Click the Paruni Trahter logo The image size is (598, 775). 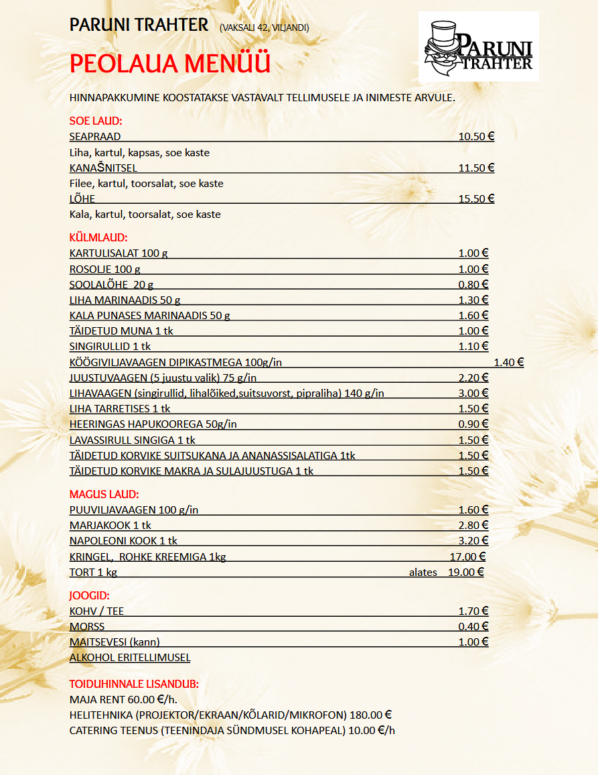coord(478,46)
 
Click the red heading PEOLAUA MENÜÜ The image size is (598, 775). coord(170,64)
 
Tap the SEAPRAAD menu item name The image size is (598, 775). coord(95,137)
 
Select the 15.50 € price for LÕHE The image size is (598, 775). coord(476,198)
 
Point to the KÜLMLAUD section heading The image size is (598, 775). coord(98,237)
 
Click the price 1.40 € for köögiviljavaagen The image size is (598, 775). coord(508,362)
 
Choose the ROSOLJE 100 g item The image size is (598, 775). coord(105,269)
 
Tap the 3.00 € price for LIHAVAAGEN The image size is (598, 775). coord(473,393)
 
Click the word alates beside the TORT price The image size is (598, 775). coord(423,572)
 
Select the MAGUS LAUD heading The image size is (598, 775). coord(104,494)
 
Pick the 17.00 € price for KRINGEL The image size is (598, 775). coord(467,556)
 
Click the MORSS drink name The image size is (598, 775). coord(87,626)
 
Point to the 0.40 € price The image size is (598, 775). coord(473,626)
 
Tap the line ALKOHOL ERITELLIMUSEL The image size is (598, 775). coord(130,658)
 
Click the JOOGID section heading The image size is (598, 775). coord(90,595)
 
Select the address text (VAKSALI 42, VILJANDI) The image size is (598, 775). coord(264,27)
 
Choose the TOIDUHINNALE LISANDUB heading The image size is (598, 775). coord(134,684)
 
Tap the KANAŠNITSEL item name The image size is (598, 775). coord(103,168)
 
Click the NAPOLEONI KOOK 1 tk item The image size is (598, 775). coord(123,540)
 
